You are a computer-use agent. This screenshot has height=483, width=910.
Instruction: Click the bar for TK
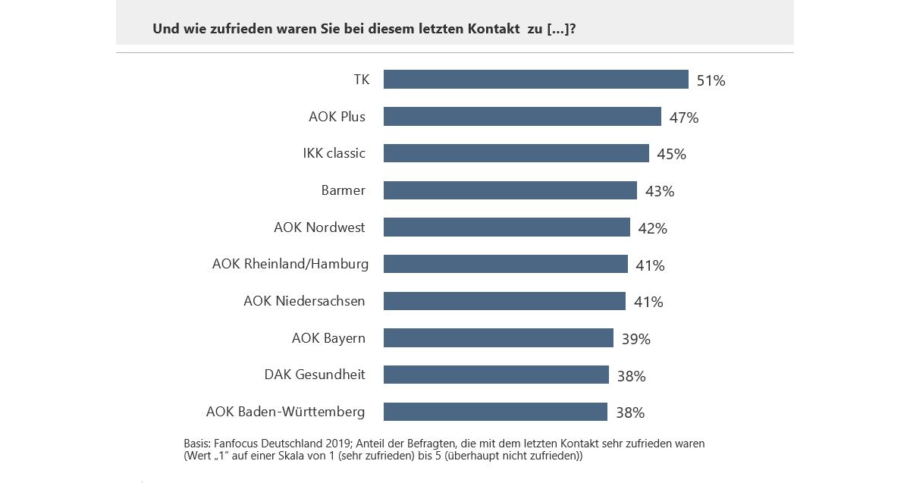(x=535, y=80)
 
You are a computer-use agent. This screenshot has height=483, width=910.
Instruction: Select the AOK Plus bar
(x=522, y=117)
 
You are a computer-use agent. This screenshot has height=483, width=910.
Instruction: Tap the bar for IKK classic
(x=516, y=153)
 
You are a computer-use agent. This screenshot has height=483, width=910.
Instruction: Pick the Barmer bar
(x=510, y=190)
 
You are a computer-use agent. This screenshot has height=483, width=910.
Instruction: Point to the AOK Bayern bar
(x=498, y=338)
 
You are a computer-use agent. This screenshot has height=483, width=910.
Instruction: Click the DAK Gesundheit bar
(x=496, y=375)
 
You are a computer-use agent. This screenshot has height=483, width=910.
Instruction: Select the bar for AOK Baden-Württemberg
(x=495, y=412)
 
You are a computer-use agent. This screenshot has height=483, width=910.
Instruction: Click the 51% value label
(x=711, y=80)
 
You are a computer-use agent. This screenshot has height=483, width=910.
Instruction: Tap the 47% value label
(x=684, y=118)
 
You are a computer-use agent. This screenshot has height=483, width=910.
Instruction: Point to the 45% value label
(x=672, y=154)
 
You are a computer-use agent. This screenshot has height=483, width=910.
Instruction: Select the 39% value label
(x=636, y=339)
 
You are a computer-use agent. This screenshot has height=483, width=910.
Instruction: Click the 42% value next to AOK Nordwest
(x=653, y=228)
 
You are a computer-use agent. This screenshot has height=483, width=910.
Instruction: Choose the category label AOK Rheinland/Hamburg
(x=290, y=264)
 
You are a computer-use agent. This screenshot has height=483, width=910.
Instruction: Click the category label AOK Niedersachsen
(x=304, y=301)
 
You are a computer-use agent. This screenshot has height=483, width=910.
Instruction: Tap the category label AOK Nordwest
(x=319, y=227)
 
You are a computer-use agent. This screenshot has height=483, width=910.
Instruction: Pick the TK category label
(x=361, y=80)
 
